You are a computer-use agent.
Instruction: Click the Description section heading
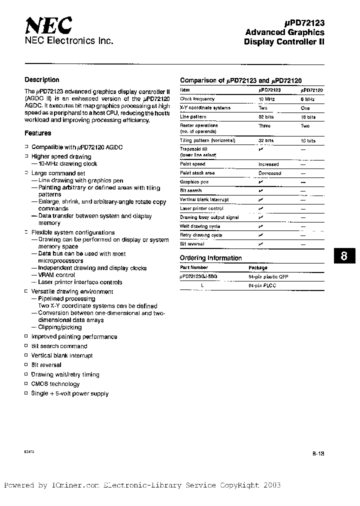click(x=42, y=80)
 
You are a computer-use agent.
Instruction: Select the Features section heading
click(x=38, y=133)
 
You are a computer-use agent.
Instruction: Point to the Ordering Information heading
click(x=210, y=258)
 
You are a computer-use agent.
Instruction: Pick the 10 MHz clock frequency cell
click(x=266, y=99)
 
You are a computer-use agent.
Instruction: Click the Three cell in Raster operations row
click(x=264, y=126)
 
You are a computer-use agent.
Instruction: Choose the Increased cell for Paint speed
click(x=268, y=164)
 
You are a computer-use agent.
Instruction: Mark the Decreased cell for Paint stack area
click(x=269, y=173)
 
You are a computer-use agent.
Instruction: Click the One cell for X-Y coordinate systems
click(x=305, y=108)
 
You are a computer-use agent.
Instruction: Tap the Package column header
click(x=257, y=268)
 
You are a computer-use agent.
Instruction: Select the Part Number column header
click(x=193, y=268)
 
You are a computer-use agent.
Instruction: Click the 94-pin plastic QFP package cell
click(x=268, y=276)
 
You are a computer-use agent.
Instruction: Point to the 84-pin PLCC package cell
click(x=262, y=285)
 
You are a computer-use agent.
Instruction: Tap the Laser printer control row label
click(x=201, y=208)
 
